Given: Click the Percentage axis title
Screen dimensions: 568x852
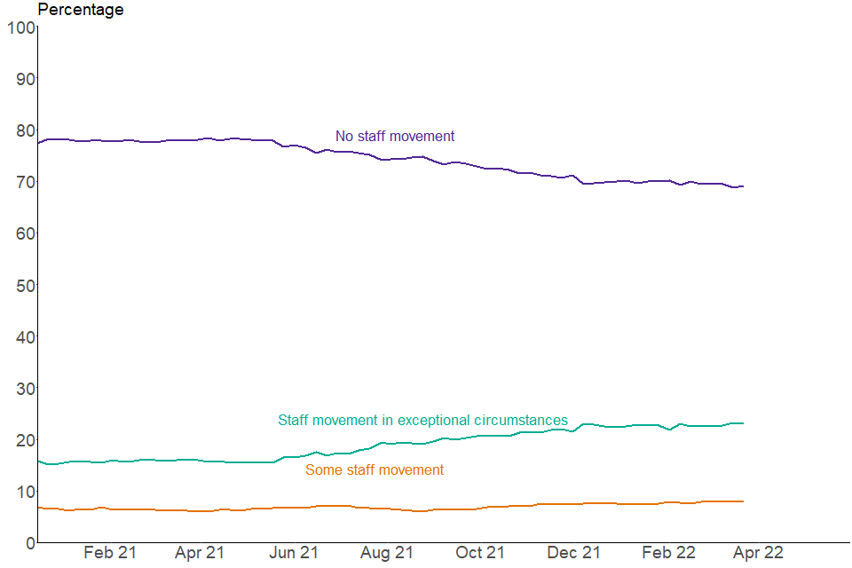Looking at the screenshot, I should tap(81, 10).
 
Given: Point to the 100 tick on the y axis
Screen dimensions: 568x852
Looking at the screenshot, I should tap(20, 28).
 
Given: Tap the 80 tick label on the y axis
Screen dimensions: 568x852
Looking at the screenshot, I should tap(25, 130).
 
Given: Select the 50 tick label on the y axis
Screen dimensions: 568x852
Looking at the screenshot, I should tap(25, 285).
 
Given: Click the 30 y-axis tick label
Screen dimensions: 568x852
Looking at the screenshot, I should tap(25, 388).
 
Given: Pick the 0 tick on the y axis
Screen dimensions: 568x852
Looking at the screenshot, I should tap(29, 542).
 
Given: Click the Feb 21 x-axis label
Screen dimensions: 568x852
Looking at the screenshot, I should tap(110, 553).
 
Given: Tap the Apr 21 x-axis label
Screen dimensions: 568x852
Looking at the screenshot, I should tap(200, 553).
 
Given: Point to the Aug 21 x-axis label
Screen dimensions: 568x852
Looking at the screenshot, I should tap(387, 553).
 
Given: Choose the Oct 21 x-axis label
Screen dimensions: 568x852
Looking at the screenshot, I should tap(480, 553).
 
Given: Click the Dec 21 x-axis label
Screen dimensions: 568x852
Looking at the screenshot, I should tap(572, 553).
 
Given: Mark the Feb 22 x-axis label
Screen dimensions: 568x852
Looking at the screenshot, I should tap(667, 553).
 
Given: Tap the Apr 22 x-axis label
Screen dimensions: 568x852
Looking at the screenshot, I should tap(758, 553).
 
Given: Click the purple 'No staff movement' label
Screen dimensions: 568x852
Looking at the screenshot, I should tap(395, 137).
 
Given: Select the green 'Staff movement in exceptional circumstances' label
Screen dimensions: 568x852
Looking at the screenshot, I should tap(422, 421).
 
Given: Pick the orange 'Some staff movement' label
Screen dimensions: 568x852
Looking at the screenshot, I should tap(375, 470).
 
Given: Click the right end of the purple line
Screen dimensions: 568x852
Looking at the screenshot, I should tap(743, 186).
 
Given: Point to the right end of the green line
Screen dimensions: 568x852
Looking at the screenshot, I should tap(743, 423).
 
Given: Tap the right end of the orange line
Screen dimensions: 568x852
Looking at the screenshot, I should tap(743, 501).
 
